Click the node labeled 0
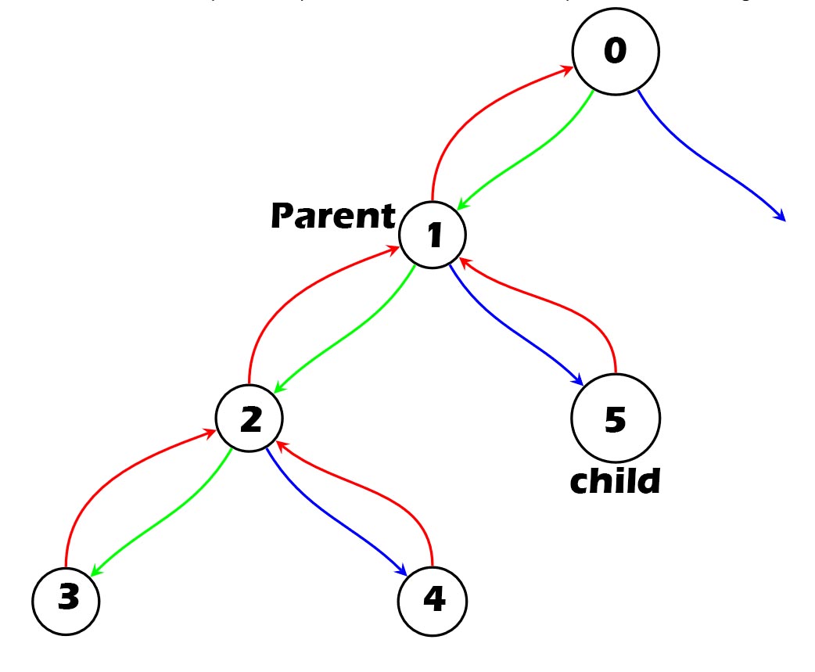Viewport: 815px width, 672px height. [x=616, y=52]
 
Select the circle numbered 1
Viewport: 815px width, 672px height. [x=433, y=235]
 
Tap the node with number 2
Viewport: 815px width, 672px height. [x=250, y=419]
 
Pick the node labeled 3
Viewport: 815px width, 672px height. [x=66, y=602]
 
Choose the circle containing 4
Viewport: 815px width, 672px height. [x=433, y=602]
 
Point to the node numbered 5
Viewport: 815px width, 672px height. [x=616, y=419]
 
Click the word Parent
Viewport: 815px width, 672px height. [x=333, y=216]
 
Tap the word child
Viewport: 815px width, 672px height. [x=615, y=482]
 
